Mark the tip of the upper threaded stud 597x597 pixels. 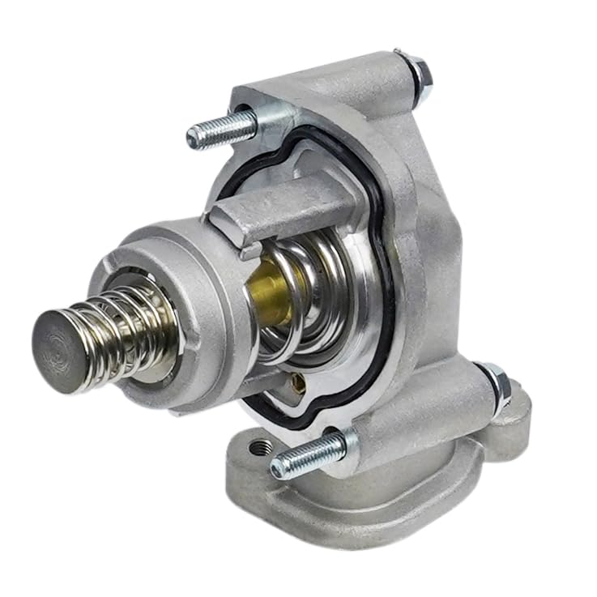193,139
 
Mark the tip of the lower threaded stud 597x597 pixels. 278,467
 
